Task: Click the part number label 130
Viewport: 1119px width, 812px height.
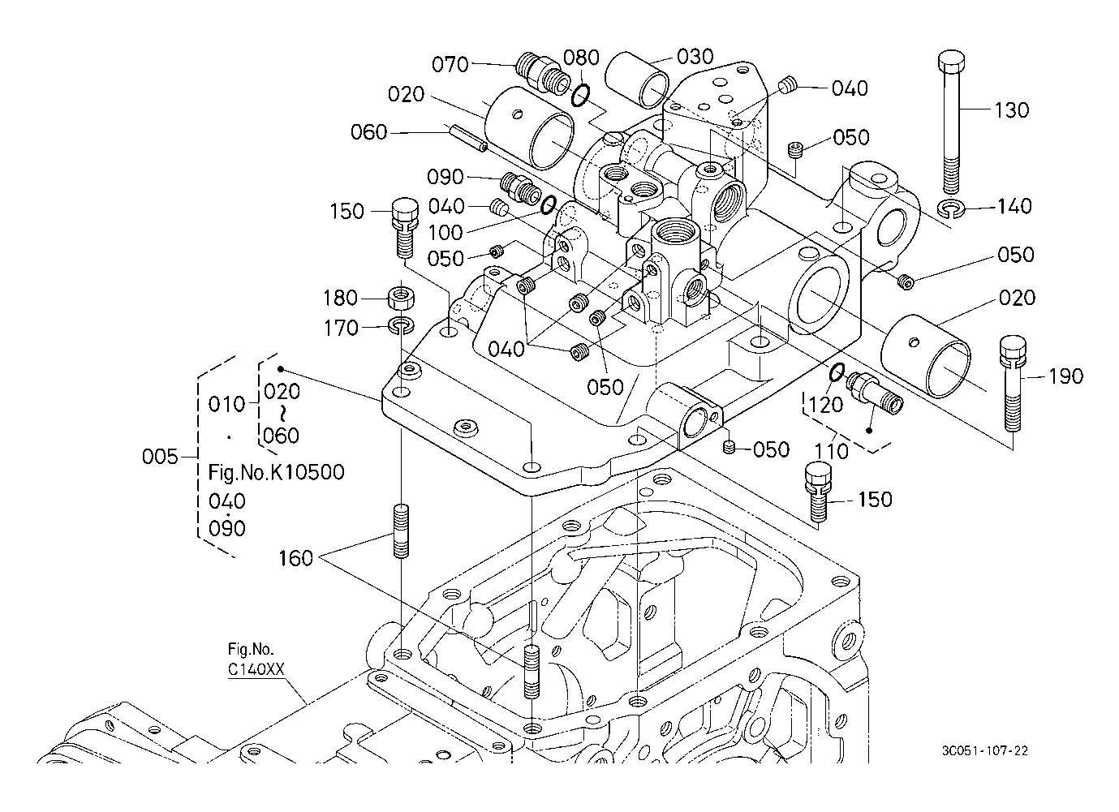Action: [x=1011, y=110]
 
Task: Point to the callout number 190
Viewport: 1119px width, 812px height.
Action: [x=1065, y=376]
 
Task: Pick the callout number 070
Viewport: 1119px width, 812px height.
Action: [x=450, y=64]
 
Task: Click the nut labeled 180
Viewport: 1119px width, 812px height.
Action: [x=401, y=297]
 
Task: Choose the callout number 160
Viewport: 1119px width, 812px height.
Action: [x=295, y=559]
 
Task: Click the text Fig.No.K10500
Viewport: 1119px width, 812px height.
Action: [x=276, y=472]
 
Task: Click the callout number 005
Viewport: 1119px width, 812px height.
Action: [x=160, y=457]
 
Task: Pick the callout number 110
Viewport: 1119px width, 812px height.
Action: [x=832, y=450]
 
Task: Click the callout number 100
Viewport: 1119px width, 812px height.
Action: [x=445, y=233]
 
